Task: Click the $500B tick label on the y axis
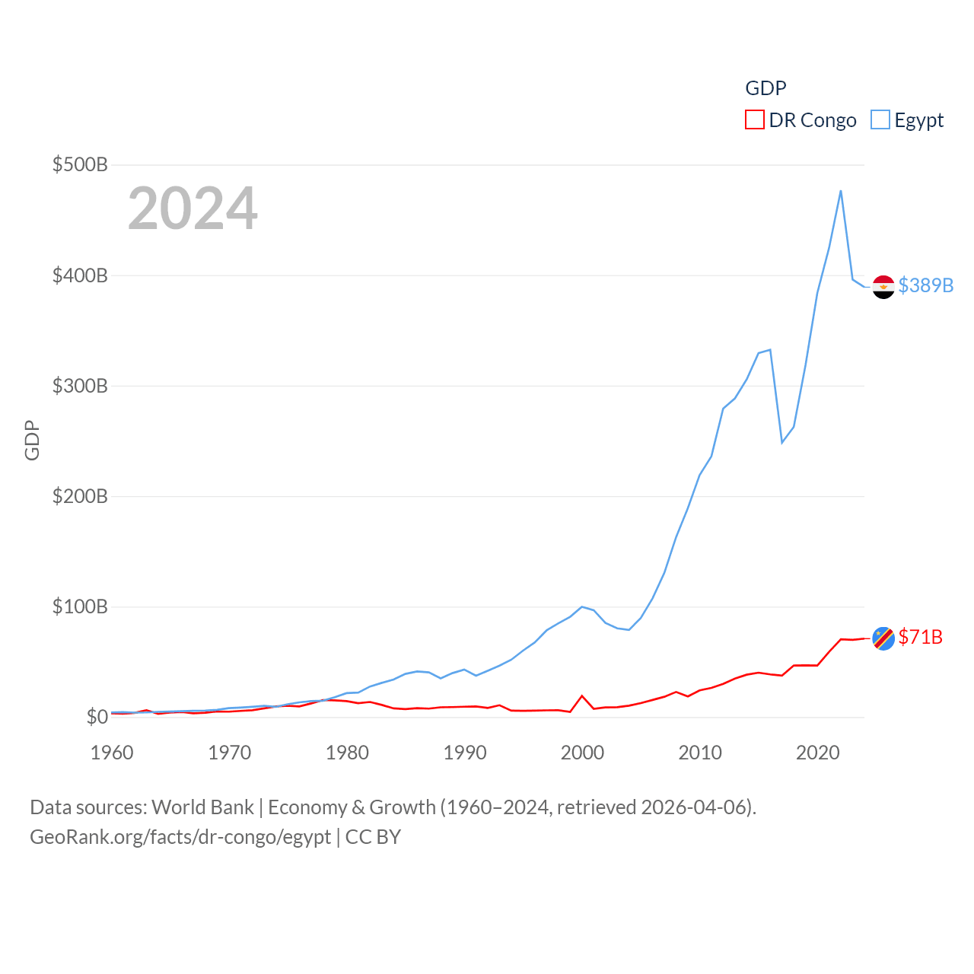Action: tap(80, 164)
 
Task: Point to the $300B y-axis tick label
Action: tap(80, 386)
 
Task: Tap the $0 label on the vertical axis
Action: tap(97, 717)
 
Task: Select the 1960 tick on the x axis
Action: tap(112, 753)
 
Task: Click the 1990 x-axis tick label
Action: tap(465, 753)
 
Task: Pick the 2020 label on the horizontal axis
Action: tap(818, 753)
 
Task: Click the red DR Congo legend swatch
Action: tap(754, 120)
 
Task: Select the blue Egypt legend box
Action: tap(880, 120)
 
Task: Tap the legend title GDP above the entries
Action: tap(766, 88)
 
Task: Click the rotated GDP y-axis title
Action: tap(32, 440)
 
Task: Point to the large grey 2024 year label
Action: tap(193, 208)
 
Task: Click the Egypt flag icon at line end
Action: tap(883, 287)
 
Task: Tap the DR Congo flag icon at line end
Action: tap(883, 638)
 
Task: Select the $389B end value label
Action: tap(925, 285)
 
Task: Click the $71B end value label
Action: tap(920, 637)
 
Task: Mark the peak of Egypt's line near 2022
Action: tap(841, 191)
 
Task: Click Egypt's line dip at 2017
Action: tap(782, 442)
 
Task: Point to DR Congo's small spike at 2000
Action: tap(582, 696)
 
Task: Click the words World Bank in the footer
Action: tap(202, 807)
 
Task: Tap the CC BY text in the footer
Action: tap(373, 837)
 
